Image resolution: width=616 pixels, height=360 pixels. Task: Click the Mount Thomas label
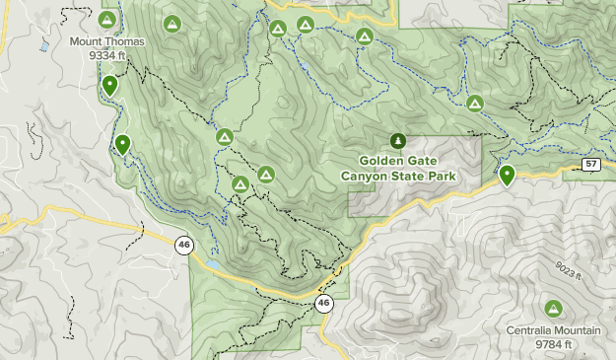[x=106, y=41]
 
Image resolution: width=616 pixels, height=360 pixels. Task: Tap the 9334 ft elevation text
[x=106, y=55]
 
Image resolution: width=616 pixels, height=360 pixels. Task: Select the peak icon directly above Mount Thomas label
[x=106, y=19]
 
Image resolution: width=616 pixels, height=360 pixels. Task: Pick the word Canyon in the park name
[x=367, y=176]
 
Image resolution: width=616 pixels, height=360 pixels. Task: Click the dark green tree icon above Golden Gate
[x=398, y=141]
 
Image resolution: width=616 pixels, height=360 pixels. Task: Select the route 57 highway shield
[x=590, y=164]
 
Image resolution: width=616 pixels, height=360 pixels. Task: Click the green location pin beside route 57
[x=507, y=175]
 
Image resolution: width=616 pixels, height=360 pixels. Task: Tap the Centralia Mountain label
[x=554, y=330]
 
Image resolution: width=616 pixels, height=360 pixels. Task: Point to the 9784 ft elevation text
[x=554, y=344]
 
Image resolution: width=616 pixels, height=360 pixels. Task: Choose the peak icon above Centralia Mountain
[x=554, y=309]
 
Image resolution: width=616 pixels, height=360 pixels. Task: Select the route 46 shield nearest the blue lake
[x=183, y=243]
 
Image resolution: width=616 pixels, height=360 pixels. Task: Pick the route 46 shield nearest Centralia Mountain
[x=324, y=304]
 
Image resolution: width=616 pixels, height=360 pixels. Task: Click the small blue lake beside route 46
[x=211, y=264]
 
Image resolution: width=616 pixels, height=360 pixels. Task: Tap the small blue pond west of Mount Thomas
[x=43, y=46]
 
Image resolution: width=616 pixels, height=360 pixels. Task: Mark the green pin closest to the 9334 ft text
[x=109, y=86]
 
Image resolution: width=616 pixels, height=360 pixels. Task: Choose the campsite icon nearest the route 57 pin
[x=475, y=103]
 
